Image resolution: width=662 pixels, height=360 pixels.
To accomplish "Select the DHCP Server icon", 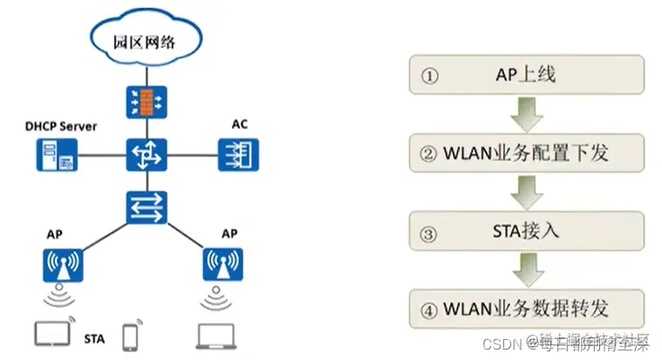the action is point(55,154).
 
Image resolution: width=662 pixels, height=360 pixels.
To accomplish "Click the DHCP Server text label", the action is point(60,126).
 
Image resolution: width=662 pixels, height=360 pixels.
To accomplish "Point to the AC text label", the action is point(239,124).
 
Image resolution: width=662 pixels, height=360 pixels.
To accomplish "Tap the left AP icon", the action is point(61,264).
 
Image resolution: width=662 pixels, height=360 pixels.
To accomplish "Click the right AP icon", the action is point(222,264).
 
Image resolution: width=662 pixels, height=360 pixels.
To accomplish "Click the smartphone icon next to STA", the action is point(132,336).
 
